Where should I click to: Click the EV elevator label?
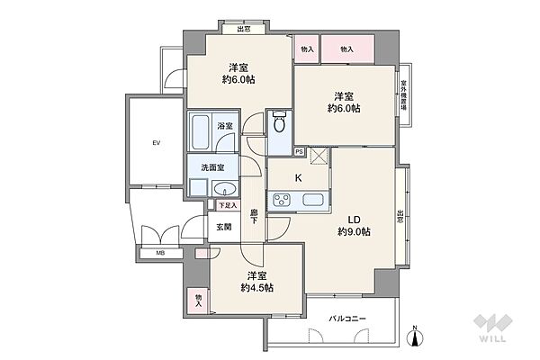155,142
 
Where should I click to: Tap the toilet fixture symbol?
280,121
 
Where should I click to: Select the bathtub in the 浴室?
200,134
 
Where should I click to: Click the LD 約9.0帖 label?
354,224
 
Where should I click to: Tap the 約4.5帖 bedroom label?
256,282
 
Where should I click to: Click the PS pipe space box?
299,152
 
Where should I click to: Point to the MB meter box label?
160,253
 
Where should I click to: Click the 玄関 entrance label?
224,227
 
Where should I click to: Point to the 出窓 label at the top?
244,30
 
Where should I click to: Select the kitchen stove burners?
276,201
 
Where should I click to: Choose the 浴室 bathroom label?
225,126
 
